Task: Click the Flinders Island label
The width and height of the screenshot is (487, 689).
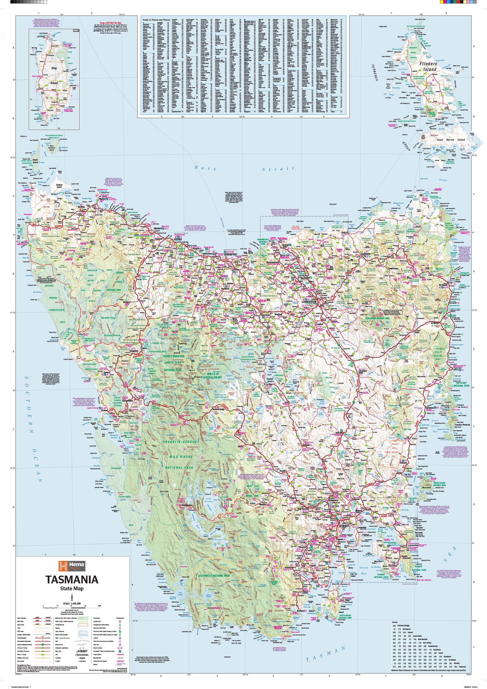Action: (428, 67)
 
